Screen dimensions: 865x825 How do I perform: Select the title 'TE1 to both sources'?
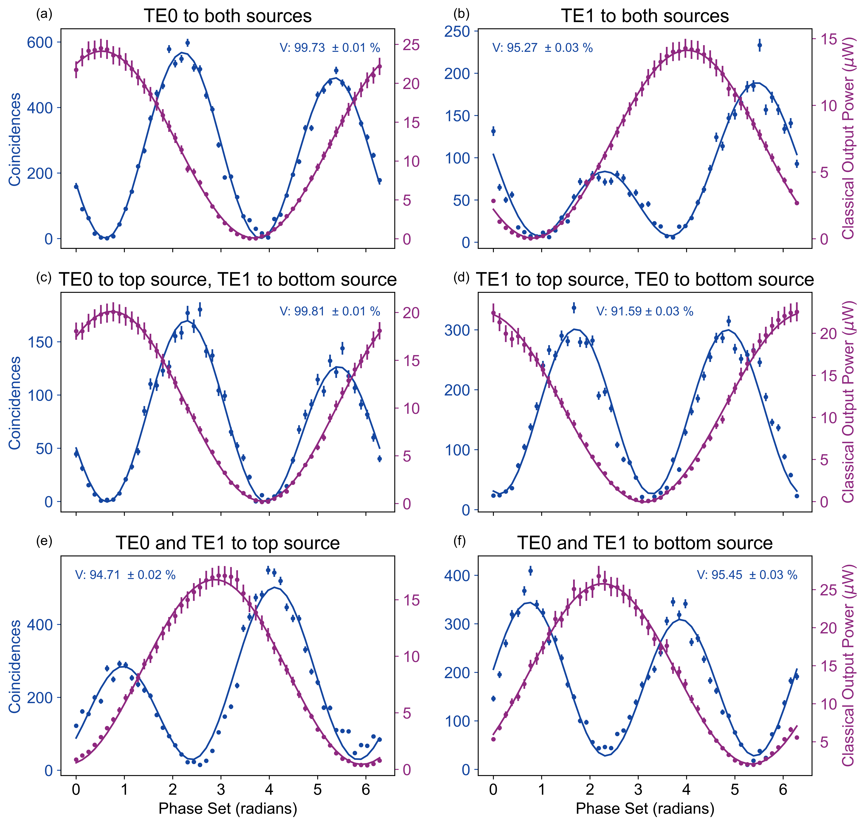pyautogui.click(x=645, y=16)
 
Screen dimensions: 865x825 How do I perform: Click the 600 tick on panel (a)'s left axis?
pyautogui.click(x=40, y=43)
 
